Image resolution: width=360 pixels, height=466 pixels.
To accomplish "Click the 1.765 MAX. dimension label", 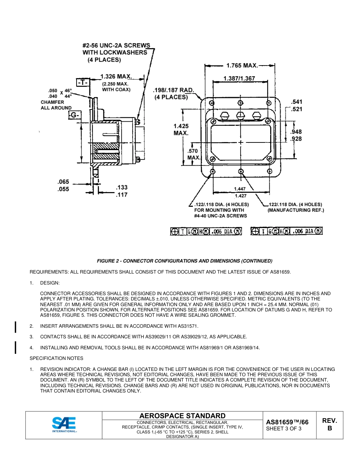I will (242, 66).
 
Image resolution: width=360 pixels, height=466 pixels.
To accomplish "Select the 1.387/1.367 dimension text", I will (239, 78).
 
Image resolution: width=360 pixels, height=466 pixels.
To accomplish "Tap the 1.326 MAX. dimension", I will (116, 77).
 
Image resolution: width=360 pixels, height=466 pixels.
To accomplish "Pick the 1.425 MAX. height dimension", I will (181, 130).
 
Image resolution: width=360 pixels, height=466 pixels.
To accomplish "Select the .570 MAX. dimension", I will (194, 154).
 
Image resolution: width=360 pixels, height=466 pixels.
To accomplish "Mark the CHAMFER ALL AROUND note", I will (56, 105).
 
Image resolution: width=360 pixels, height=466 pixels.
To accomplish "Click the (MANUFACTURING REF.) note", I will (296, 210).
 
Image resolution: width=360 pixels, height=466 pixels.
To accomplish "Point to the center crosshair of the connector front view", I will (241, 143).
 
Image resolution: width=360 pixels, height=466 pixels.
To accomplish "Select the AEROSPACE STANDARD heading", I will (182, 416).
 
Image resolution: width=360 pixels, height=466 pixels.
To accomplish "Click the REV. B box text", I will (329, 424).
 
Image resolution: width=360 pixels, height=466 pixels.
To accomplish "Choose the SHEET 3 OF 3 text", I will (284, 429).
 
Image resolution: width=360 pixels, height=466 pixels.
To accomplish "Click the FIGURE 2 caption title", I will (185, 261).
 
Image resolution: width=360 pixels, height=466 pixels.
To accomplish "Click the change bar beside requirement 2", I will (16, 326).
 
